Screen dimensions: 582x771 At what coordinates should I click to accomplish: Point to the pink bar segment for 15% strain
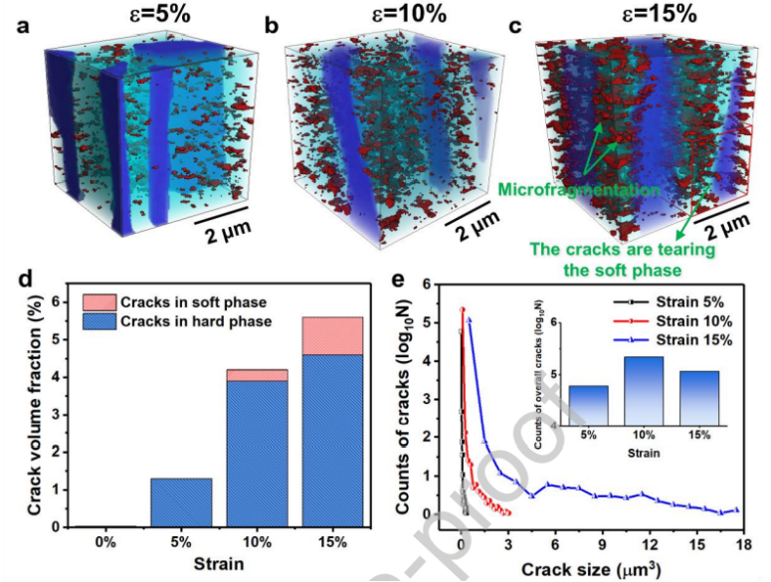click(x=331, y=336)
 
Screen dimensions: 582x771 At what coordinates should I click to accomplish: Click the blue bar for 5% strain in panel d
click(x=181, y=502)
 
